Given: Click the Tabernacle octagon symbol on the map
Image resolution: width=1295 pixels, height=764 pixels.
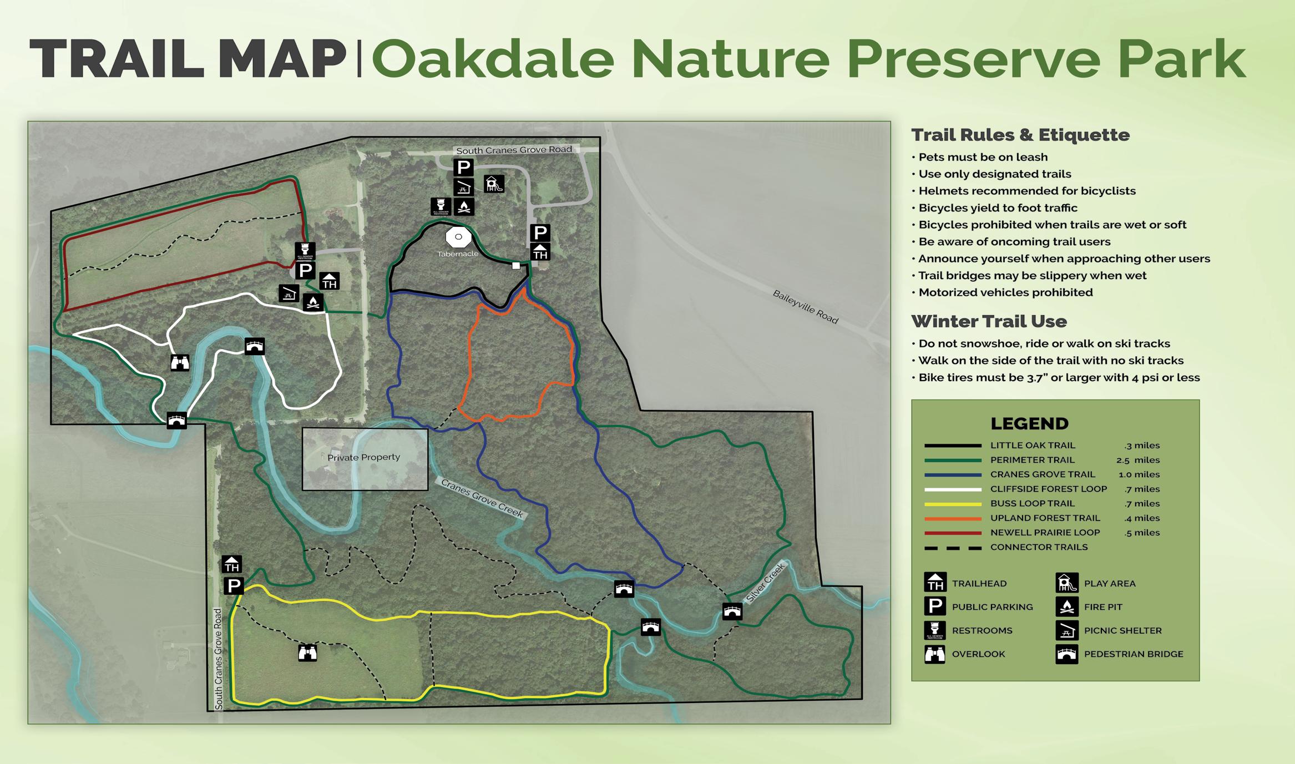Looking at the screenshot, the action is coord(458,237).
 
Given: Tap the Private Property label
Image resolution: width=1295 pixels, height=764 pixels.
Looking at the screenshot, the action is coord(363,457).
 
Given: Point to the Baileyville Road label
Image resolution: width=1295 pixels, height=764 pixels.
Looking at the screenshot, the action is coord(805,307).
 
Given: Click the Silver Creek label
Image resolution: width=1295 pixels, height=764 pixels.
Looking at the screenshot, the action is coord(766,583).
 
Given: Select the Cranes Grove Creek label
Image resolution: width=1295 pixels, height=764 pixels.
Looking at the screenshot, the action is coord(482,498).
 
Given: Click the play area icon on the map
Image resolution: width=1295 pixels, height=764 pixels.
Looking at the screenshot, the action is coord(494,184).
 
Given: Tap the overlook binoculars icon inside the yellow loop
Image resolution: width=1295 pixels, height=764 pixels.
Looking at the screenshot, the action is coord(307,653).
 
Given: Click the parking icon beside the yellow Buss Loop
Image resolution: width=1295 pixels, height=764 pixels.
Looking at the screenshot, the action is coord(234,585).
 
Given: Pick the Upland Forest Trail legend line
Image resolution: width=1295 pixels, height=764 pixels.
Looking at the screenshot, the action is coord(953,519).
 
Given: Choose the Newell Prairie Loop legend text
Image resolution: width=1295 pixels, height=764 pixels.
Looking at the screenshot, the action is coord(1045,533).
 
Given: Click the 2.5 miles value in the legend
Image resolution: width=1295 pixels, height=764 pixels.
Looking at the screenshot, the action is coord(1138,460).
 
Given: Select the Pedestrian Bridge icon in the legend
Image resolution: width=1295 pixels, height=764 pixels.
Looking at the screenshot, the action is coord(1066,654).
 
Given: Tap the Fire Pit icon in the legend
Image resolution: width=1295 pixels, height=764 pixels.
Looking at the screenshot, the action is coord(1066,607).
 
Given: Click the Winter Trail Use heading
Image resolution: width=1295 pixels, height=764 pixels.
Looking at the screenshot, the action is coord(989,321).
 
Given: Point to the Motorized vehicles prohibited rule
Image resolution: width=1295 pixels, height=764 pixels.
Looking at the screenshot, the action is coord(1005,292).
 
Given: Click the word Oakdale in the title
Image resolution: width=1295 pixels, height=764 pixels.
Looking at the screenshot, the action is coord(493,59).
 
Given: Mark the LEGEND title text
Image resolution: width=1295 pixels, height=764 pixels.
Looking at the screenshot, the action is coord(1029,424).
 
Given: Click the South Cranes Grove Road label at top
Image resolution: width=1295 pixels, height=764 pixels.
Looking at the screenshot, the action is coord(514,150).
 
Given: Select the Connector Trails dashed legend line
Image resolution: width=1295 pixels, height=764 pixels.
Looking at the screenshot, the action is coord(953,548).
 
